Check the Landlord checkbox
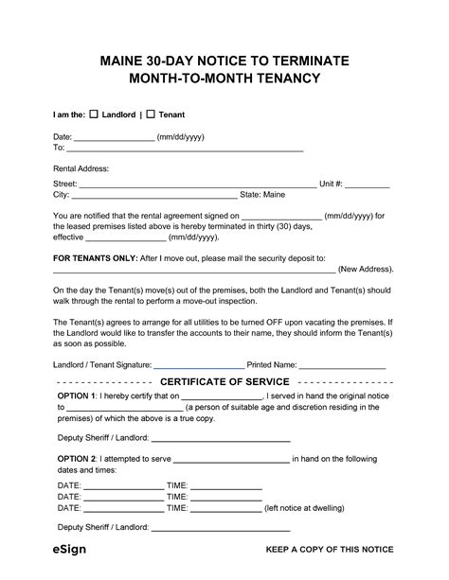pyautogui.click(x=93, y=114)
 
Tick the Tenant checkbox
pyautogui.click(x=151, y=114)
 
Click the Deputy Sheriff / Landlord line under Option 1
pyautogui.click(x=221, y=438)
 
